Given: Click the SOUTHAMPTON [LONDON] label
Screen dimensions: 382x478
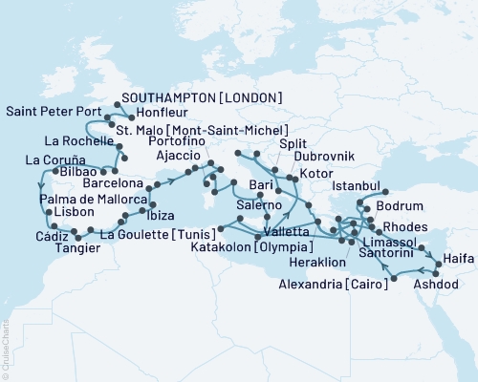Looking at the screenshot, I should coord(200,97).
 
